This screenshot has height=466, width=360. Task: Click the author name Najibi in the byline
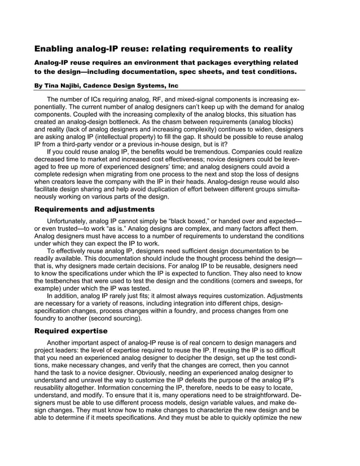pyautogui.click(x=80, y=86)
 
